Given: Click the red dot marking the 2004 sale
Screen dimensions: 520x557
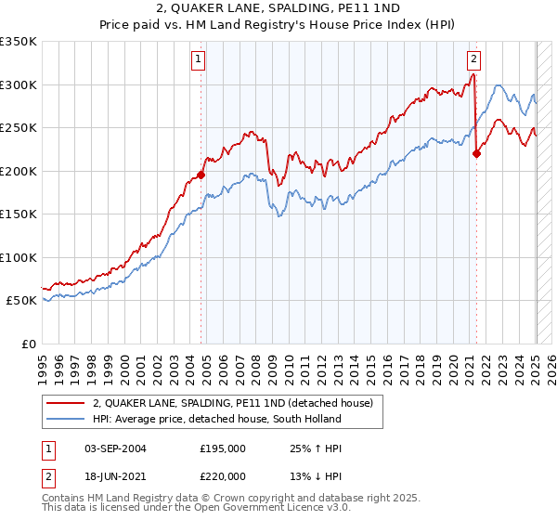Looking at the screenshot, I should [x=201, y=175].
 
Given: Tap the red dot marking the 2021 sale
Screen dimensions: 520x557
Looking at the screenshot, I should [x=476, y=154].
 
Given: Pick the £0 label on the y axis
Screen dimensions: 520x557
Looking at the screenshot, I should [x=29, y=344].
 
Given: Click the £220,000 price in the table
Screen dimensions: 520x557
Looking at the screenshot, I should [x=223, y=475].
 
